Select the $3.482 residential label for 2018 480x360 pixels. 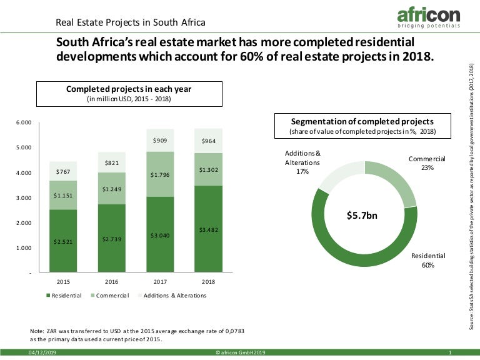[x=208, y=230]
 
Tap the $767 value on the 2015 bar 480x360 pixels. [x=64, y=171]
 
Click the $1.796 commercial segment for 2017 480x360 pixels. [x=160, y=174]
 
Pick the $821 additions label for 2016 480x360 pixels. [x=112, y=163]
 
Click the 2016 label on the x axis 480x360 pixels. [x=112, y=281]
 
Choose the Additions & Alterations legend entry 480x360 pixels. [x=171, y=295]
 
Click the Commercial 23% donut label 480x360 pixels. [x=427, y=163]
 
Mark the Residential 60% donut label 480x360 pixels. [x=428, y=261]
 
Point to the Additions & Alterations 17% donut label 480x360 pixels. [x=302, y=162]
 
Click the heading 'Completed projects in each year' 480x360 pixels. [x=129, y=89]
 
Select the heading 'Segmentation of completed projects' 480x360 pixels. [x=362, y=121]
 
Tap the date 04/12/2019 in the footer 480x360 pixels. [x=42, y=354]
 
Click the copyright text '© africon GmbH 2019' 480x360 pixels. [x=241, y=354]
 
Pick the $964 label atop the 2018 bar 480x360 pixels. [x=208, y=141]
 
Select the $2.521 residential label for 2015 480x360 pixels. [x=64, y=241]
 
